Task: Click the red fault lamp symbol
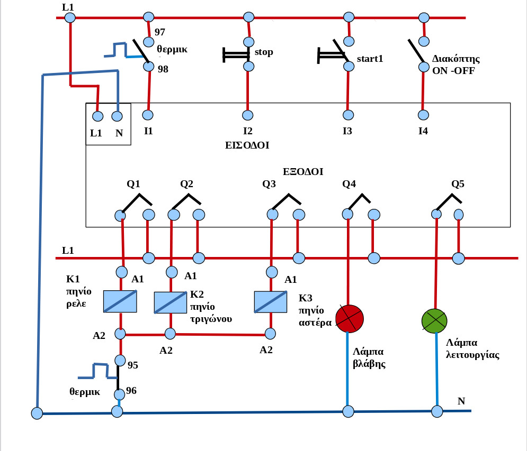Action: (x=350, y=318)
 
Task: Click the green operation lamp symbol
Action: (x=434, y=321)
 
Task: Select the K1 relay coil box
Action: (x=120, y=301)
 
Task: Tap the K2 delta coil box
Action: (x=171, y=302)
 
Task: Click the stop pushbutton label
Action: (x=264, y=52)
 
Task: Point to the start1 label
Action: (x=370, y=59)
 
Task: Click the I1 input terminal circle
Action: (x=148, y=115)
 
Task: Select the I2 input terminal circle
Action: (x=247, y=115)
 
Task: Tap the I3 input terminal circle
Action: (x=348, y=115)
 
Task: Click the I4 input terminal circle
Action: (x=423, y=115)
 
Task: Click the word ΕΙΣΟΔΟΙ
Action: (x=247, y=145)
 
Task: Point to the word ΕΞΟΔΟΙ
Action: (x=303, y=171)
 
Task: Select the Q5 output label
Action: (x=458, y=184)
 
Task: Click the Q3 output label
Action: (x=269, y=184)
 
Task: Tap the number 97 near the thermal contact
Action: (x=159, y=32)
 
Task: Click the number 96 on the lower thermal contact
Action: (x=131, y=391)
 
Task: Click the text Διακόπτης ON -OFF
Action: (x=455, y=65)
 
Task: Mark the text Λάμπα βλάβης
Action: (x=369, y=357)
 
